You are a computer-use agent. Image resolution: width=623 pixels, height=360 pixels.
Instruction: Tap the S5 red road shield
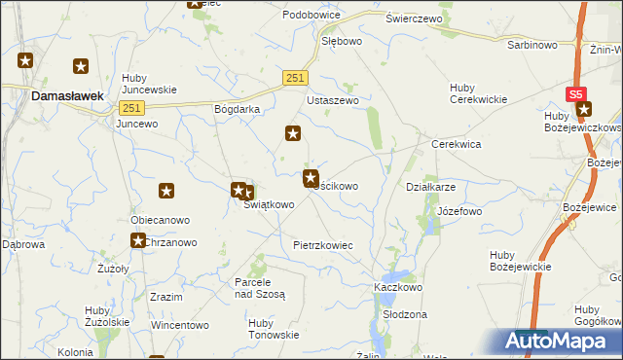click(x=576, y=94)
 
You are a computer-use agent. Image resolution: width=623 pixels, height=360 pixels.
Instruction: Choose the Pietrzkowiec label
click(x=322, y=246)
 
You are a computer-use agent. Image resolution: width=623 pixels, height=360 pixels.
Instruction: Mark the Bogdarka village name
click(x=238, y=110)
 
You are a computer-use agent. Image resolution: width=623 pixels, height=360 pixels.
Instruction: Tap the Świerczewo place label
click(x=414, y=18)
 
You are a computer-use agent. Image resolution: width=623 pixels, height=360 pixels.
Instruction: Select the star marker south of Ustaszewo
click(x=292, y=133)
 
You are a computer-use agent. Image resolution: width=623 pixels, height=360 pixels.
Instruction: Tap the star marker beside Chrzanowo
click(x=139, y=240)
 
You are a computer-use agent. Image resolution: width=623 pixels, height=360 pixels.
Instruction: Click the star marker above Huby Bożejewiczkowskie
click(x=584, y=109)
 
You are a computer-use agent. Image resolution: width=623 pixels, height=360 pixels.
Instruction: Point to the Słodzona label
click(x=405, y=315)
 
